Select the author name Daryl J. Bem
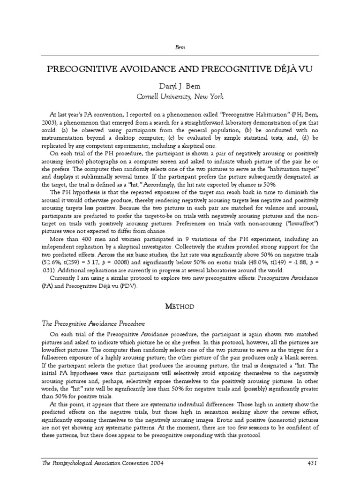(180, 86)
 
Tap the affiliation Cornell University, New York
(180, 97)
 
